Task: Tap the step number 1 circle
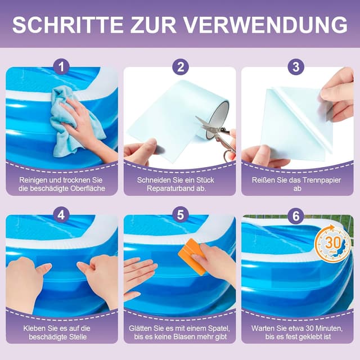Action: point(62,67)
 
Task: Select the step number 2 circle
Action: point(180,67)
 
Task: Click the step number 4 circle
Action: point(62,214)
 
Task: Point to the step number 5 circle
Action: point(180,214)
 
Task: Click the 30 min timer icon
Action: point(332,244)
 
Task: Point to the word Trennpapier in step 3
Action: point(318,179)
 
